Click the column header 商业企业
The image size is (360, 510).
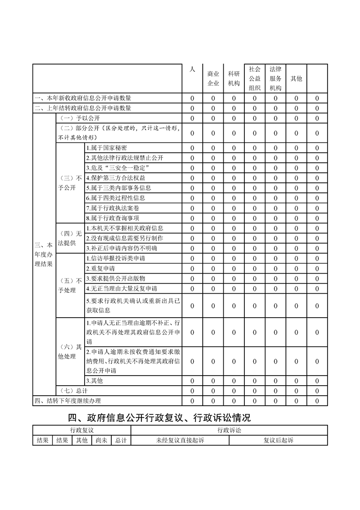pyautogui.click(x=213, y=78)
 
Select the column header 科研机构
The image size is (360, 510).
pyautogui.click(x=234, y=78)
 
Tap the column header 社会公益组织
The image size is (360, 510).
pyautogui.click(x=254, y=78)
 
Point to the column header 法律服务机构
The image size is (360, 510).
pyautogui.click(x=275, y=78)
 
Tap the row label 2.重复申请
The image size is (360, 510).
pyautogui.click(x=100, y=268)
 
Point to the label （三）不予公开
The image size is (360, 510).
pyautogui.click(x=70, y=183)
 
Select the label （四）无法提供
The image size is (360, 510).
pyautogui.click(x=70, y=238)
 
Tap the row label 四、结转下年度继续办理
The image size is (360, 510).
pyautogui.click(x=68, y=400)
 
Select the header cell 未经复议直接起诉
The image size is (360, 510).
pyautogui.click(x=180, y=440)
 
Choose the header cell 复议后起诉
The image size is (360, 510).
pyautogui.click(x=278, y=440)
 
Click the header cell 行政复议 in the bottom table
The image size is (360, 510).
pyautogui.click(x=82, y=431)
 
